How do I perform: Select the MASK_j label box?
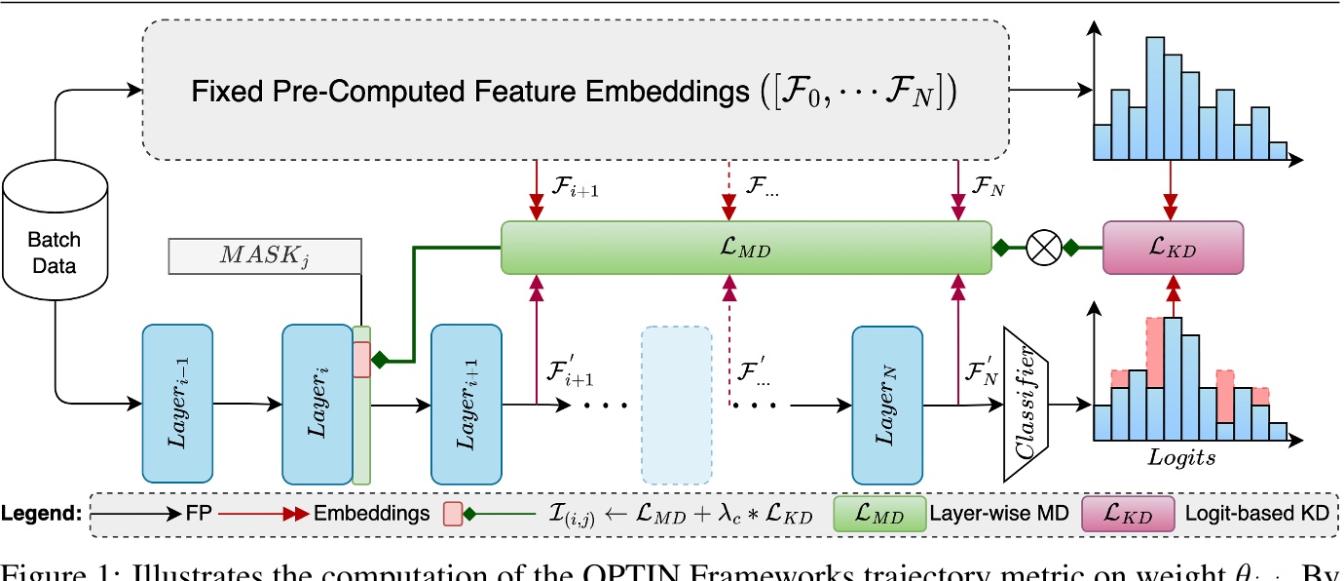[264, 256]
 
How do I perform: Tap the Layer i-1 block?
[177, 403]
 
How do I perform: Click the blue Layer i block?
[317, 403]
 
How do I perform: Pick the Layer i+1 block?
[466, 403]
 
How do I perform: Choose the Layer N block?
[886, 403]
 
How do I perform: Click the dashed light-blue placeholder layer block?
[677, 403]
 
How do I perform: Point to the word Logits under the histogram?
[1182, 455]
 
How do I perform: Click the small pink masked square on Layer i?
[361, 360]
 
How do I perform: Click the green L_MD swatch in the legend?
[879, 514]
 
